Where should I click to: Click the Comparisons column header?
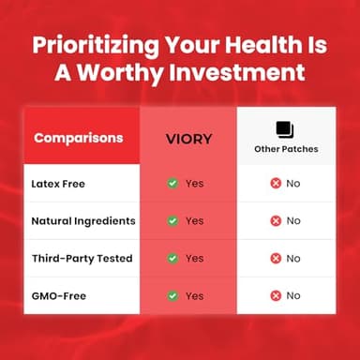click(78, 138)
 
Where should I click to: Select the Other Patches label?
click(286, 149)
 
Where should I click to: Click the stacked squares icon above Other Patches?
click(285, 128)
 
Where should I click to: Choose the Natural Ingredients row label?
click(82, 220)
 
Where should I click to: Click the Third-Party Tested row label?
click(81, 258)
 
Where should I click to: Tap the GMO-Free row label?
click(59, 295)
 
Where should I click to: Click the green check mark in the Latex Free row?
click(172, 183)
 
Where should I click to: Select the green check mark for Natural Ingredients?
click(172, 220)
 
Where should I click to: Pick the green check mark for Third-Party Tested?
click(172, 258)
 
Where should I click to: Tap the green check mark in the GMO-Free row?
click(172, 295)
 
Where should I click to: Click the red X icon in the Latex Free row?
click(276, 183)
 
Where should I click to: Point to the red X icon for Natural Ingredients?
click(276, 220)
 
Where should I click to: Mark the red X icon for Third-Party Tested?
click(276, 258)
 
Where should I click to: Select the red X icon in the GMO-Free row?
click(276, 295)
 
